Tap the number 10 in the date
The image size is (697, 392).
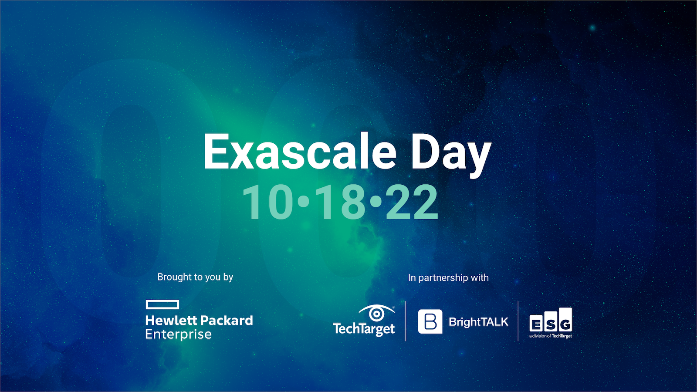point(268,202)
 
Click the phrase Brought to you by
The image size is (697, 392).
point(195,277)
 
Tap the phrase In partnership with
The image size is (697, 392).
point(448,278)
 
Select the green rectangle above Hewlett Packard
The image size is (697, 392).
point(162,304)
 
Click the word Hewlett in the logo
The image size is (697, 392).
point(171,321)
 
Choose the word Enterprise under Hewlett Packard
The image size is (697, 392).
point(178,335)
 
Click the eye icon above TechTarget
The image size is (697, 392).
point(376,313)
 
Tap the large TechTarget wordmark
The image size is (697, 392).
point(364,329)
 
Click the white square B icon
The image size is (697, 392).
point(430,321)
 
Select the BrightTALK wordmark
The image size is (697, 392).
point(478,322)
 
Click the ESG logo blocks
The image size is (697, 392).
point(551,321)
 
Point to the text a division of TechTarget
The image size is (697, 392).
point(551,336)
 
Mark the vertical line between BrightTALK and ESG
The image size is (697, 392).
point(518,321)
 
